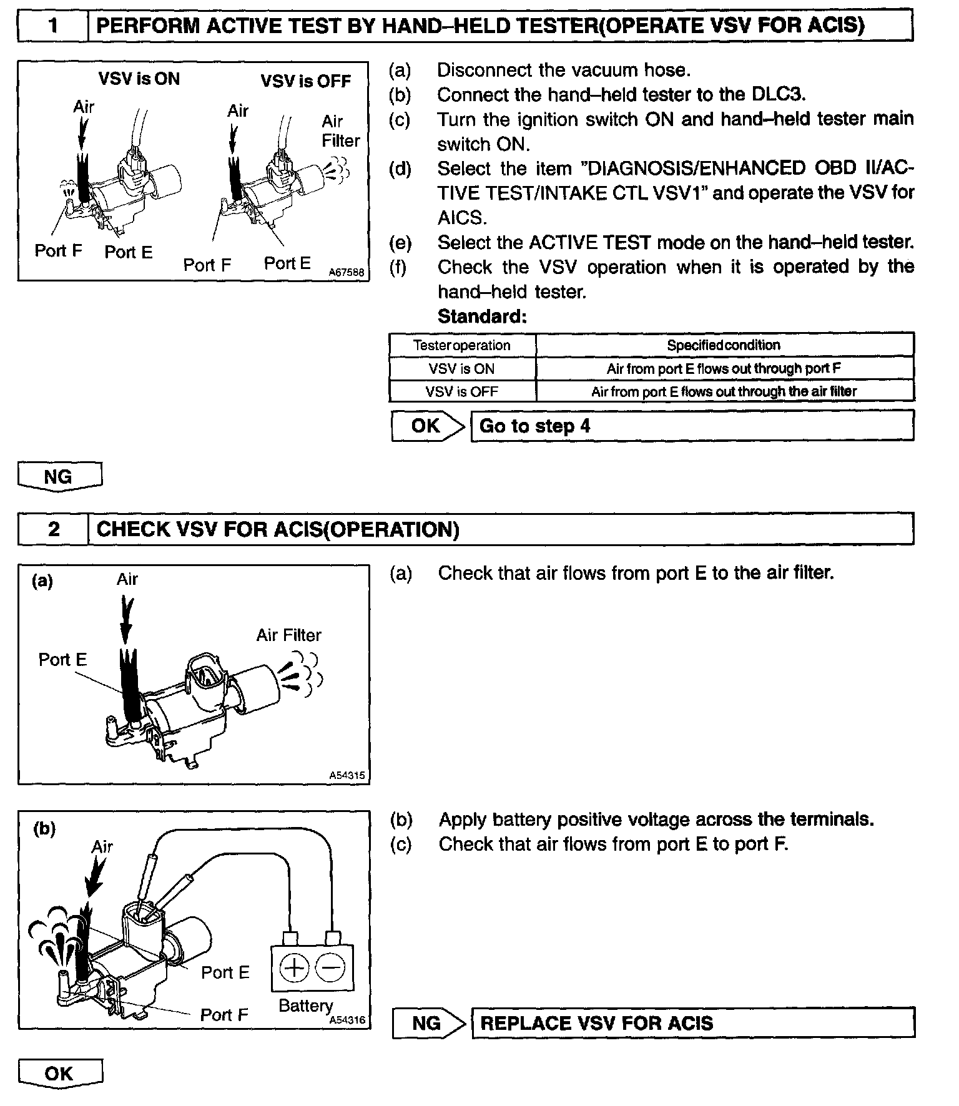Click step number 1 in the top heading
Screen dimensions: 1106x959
point(53,26)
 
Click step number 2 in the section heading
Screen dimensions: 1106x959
point(54,529)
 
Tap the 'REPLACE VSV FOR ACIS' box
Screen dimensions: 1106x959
point(693,1024)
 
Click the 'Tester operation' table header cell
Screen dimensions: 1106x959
point(462,345)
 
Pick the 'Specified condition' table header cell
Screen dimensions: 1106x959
point(724,345)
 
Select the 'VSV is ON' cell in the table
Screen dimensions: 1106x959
point(462,369)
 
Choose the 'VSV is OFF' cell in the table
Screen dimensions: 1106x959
point(462,392)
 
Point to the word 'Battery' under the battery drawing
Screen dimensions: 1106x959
point(305,1006)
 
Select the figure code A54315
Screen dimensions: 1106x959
point(347,776)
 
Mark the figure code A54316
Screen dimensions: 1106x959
point(347,1020)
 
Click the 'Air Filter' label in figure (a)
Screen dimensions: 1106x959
point(288,635)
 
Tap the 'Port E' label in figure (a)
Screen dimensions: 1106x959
point(62,660)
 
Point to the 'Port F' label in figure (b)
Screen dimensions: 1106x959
point(224,1015)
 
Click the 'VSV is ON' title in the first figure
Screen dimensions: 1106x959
point(139,79)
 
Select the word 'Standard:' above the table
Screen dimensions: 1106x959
point(482,317)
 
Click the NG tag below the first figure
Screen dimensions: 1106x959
point(59,477)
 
